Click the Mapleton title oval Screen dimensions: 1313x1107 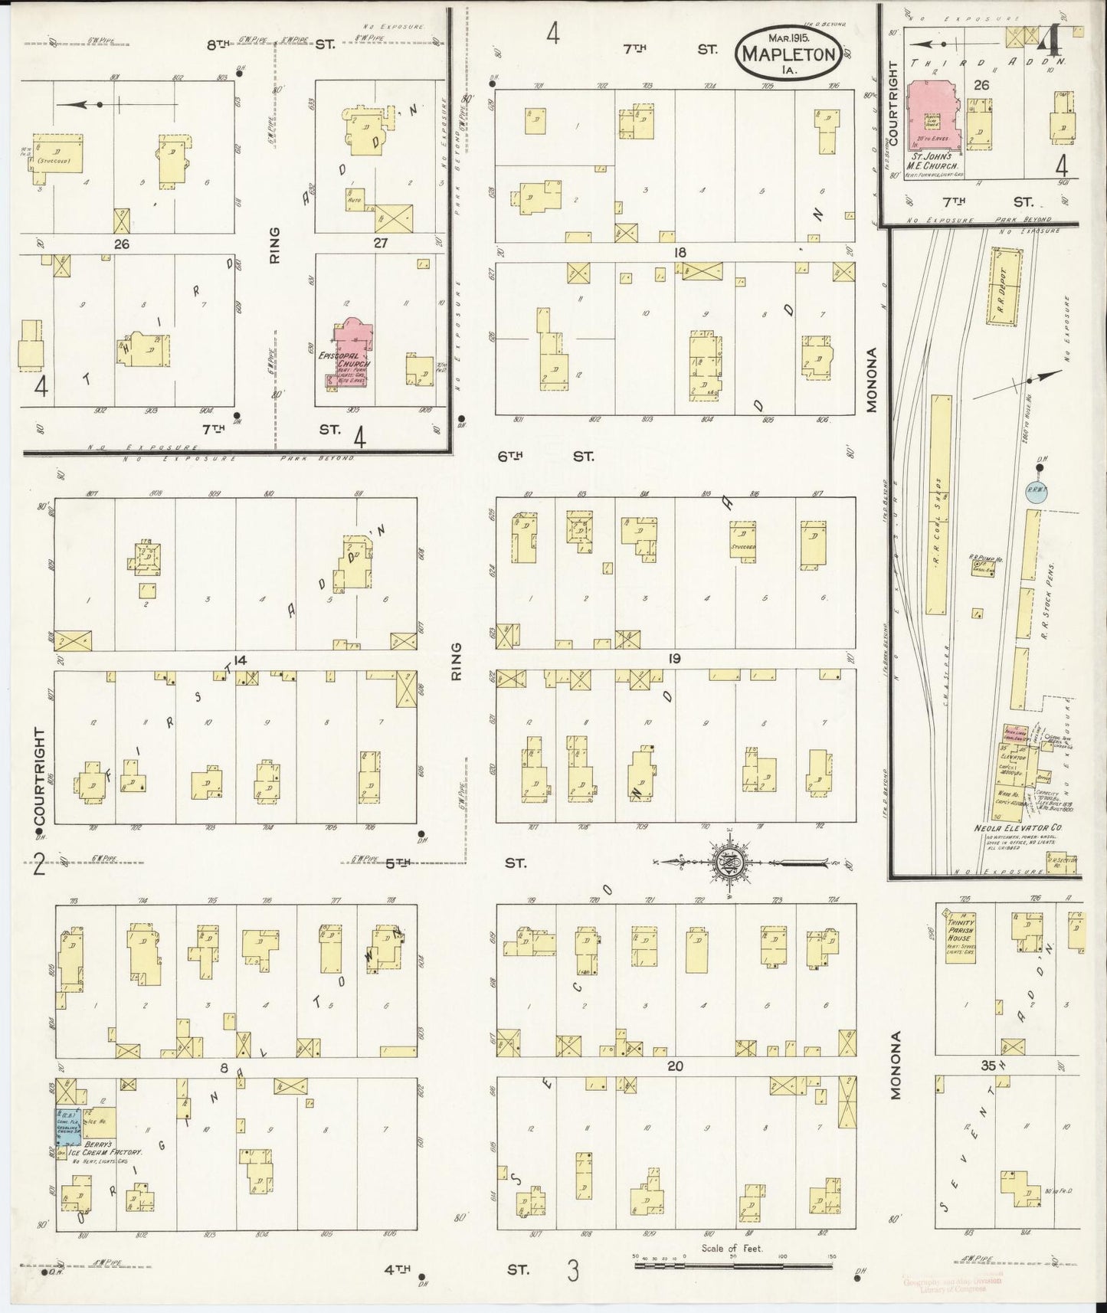[x=787, y=54]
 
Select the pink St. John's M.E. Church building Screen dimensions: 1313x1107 [x=932, y=114]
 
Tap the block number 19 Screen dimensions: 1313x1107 [x=675, y=659]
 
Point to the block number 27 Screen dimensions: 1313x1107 [x=380, y=244]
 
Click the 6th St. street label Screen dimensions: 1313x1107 [x=546, y=457]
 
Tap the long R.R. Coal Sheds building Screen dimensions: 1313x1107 [x=938, y=505]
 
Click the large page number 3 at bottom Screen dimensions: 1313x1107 [x=572, y=1270]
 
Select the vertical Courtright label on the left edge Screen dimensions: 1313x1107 [x=40, y=776]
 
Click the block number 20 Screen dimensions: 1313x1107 [x=675, y=1066]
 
